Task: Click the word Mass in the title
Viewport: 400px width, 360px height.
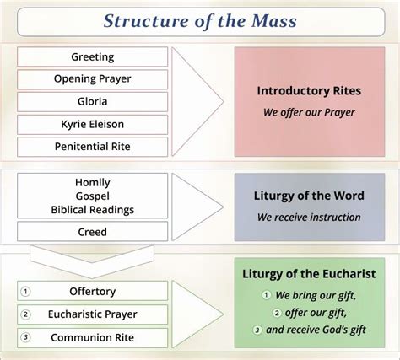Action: click(273, 21)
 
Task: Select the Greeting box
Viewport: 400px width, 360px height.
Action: click(92, 56)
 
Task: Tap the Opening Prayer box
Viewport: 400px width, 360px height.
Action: click(92, 79)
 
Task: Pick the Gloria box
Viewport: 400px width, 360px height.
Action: click(92, 102)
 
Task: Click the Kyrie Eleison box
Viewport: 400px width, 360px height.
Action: click(92, 125)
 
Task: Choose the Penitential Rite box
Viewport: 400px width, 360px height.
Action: click(92, 147)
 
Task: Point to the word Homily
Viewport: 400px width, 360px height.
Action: click(93, 183)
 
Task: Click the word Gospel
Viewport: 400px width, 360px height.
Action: click(93, 196)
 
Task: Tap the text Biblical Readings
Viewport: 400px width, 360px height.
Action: click(93, 210)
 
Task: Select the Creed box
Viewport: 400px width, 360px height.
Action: click(92, 231)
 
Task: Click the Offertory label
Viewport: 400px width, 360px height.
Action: click(93, 292)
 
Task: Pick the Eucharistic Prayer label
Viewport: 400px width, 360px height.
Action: click(93, 314)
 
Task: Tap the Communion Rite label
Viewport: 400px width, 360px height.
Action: click(93, 337)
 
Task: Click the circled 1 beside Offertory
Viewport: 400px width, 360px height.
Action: click(25, 292)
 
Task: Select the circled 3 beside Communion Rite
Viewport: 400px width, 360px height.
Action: click(25, 337)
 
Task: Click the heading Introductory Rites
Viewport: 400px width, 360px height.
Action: click(309, 91)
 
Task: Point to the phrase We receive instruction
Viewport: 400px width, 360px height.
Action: click(309, 218)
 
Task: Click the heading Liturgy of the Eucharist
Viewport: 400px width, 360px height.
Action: click(309, 274)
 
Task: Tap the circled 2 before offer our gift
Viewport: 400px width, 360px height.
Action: click(277, 313)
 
